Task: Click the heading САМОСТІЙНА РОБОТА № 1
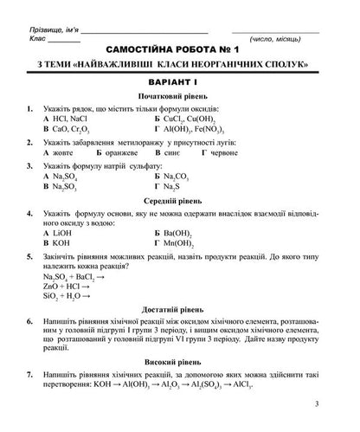[180, 53]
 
